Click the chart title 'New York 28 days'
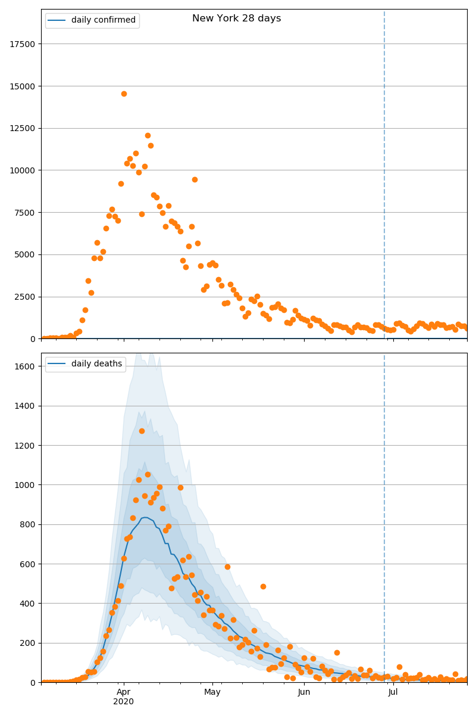236,18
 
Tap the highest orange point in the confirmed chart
124,94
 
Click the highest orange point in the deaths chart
142,431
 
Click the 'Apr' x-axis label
123,692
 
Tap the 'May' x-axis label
212,692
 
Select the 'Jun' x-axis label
304,692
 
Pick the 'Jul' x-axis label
393,692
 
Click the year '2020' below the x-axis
123,702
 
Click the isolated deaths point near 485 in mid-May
263,586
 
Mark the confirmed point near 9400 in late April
195,179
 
